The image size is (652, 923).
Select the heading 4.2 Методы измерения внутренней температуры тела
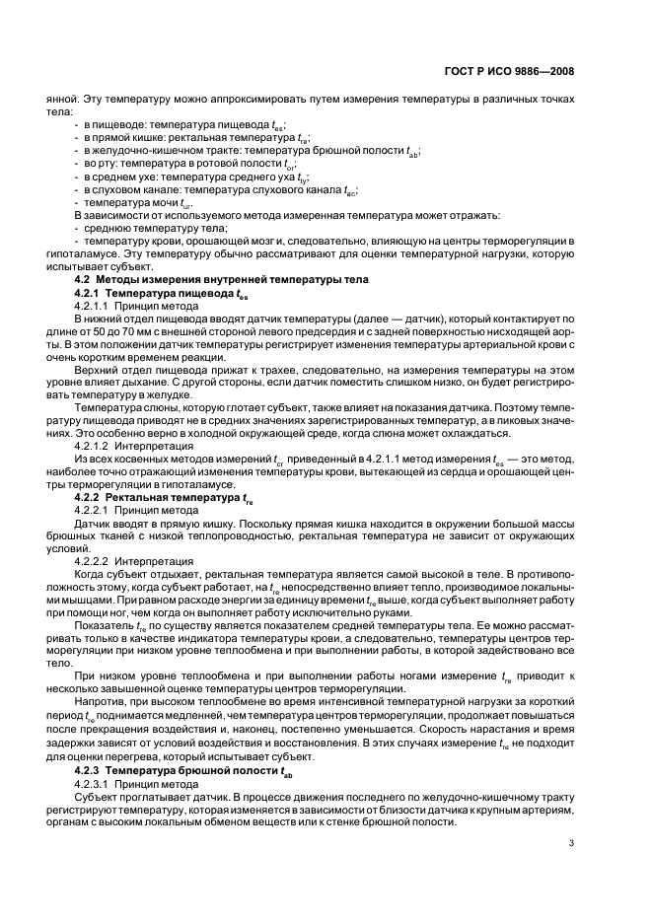207,281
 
